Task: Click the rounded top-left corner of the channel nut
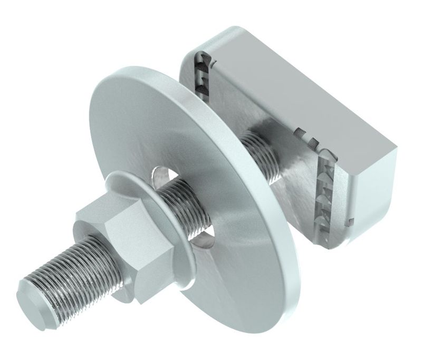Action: (x=190, y=50)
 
